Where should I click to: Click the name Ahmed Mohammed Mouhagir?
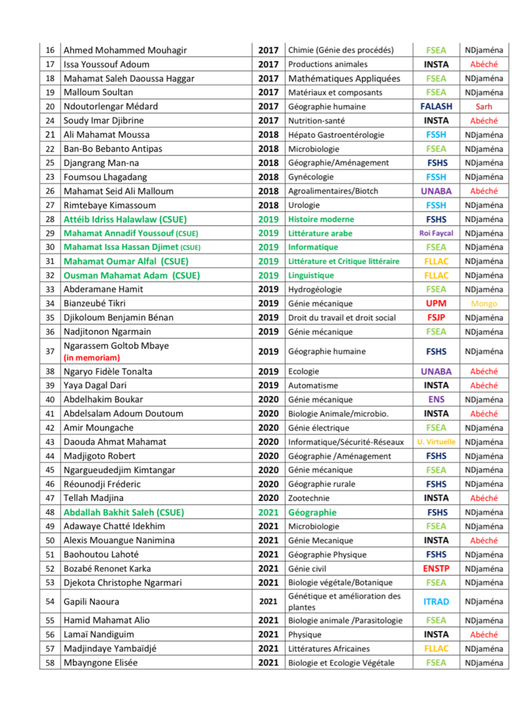pyautogui.click(x=125, y=50)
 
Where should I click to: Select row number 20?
pyautogui.click(x=50, y=106)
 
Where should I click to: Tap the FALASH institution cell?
pyautogui.click(x=436, y=106)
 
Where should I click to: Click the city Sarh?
pyautogui.click(x=484, y=106)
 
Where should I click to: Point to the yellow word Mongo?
pyautogui.click(x=484, y=304)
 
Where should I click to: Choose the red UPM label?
pyautogui.click(x=436, y=304)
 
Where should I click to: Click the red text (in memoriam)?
pyautogui.click(x=92, y=357)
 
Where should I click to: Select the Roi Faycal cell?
pyautogui.click(x=436, y=233)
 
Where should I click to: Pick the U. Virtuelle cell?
pyautogui.click(x=436, y=442)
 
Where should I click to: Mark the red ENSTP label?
pyautogui.click(x=436, y=568)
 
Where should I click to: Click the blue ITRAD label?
pyautogui.click(x=436, y=601)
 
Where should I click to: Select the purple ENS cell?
pyautogui.click(x=436, y=399)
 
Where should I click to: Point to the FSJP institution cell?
pyautogui.click(x=436, y=317)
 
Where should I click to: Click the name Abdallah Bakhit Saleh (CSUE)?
pyautogui.click(x=123, y=512)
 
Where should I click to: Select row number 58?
pyautogui.click(x=50, y=662)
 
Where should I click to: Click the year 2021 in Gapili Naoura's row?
pyautogui.click(x=268, y=601)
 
